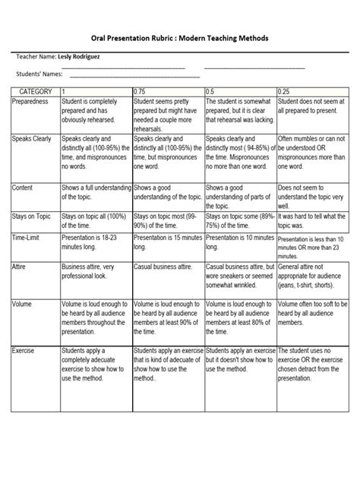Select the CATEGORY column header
(x=30, y=91)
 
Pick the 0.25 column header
(x=285, y=91)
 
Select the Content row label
(x=24, y=186)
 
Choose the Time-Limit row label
(x=29, y=238)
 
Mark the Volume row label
(x=23, y=303)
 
